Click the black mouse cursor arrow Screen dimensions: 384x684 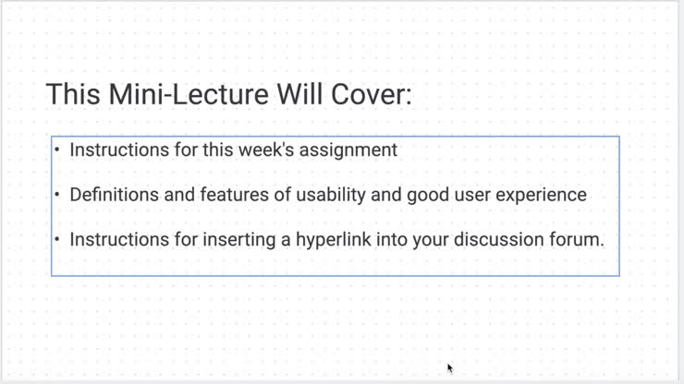point(450,368)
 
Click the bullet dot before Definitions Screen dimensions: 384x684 point(58,195)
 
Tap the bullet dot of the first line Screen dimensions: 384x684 point(58,150)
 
